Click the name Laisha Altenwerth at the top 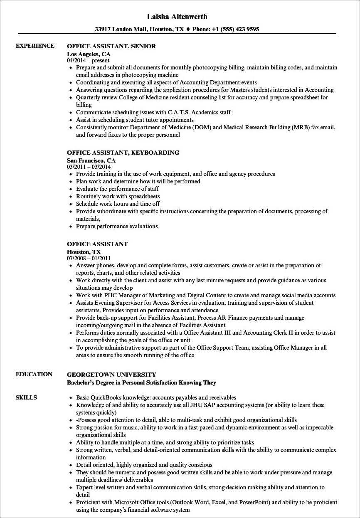177,17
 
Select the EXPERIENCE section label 35,46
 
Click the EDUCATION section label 34,374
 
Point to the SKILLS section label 26,397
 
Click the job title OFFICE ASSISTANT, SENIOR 111,47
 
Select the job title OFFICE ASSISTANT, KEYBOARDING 123,153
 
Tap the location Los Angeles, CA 89,54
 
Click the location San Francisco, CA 91,160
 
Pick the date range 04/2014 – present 88,60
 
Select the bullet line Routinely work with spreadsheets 118,196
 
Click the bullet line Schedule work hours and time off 118,204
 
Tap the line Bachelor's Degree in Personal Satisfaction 141,382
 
